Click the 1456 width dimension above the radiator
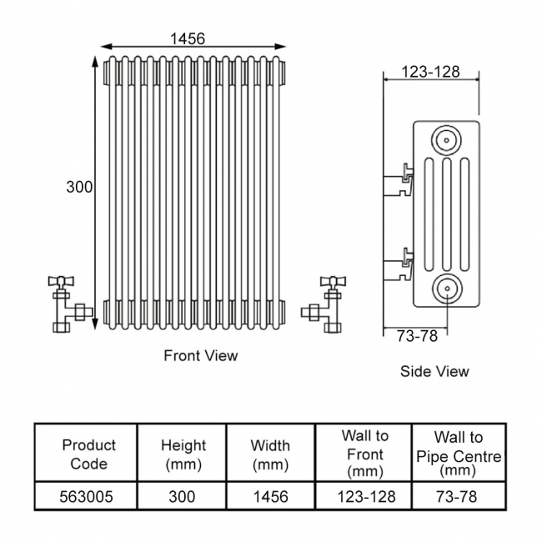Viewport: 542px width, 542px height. point(188,39)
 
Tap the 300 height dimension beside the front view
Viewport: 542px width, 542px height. point(79,188)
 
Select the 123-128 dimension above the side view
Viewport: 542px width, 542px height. point(430,72)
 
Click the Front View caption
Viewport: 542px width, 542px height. point(200,356)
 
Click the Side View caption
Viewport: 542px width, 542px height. point(434,371)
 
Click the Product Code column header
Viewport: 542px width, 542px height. point(88,454)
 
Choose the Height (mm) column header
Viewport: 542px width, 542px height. point(183,454)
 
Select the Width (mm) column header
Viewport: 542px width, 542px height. point(270,454)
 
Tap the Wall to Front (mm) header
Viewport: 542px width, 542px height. point(364,454)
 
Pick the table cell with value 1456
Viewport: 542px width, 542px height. point(270,497)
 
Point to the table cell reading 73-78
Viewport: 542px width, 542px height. point(458,497)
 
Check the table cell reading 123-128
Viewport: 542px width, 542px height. point(364,497)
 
